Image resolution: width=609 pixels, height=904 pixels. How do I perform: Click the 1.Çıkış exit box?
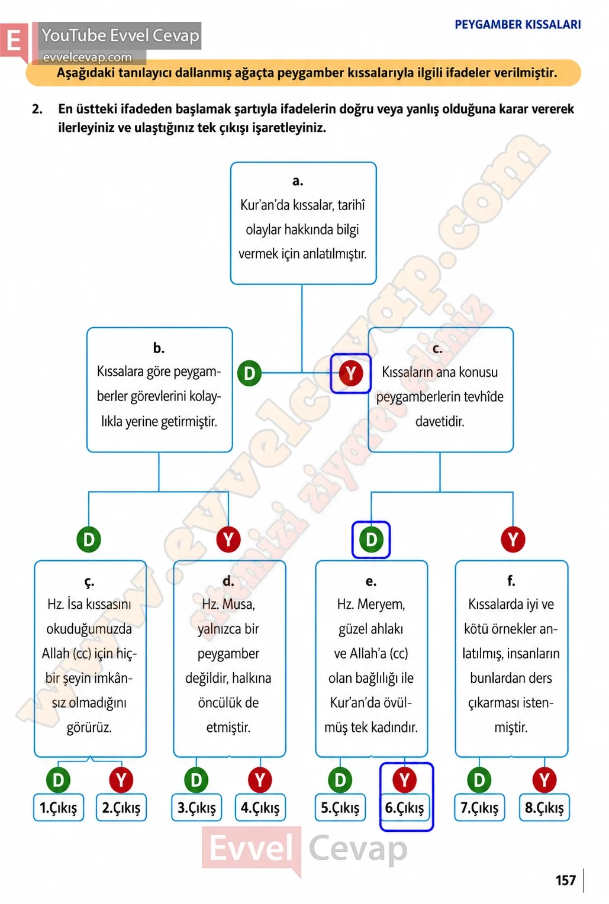[59, 808]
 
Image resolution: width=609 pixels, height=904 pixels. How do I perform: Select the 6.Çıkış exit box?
[404, 808]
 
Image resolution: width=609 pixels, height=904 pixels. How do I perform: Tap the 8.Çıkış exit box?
[544, 808]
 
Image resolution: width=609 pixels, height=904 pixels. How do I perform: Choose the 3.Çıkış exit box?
[196, 808]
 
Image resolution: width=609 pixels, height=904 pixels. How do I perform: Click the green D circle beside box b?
[249, 373]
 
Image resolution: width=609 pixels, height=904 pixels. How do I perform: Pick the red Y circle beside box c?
[350, 373]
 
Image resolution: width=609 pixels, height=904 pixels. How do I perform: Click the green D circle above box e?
[371, 540]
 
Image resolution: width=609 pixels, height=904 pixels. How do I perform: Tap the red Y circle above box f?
[513, 540]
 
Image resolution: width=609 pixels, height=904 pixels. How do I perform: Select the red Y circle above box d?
[228, 540]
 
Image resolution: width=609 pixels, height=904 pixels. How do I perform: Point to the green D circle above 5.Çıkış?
[340, 780]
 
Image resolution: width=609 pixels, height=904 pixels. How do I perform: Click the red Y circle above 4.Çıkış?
[260, 780]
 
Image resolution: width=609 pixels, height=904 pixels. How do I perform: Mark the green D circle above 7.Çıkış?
[479, 780]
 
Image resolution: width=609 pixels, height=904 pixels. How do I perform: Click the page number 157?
[566, 880]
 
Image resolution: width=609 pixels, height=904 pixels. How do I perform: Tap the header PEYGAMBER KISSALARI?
[518, 25]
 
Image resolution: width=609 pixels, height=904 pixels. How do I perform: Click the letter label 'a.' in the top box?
[298, 181]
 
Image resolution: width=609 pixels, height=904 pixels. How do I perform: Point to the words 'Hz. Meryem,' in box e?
[371, 604]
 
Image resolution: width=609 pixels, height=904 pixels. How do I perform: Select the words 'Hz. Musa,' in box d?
[228, 604]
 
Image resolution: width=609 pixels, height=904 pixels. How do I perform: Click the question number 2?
[37, 109]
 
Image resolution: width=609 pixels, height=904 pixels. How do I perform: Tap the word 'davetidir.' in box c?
[440, 422]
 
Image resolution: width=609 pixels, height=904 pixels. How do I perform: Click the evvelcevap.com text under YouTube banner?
[87, 57]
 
